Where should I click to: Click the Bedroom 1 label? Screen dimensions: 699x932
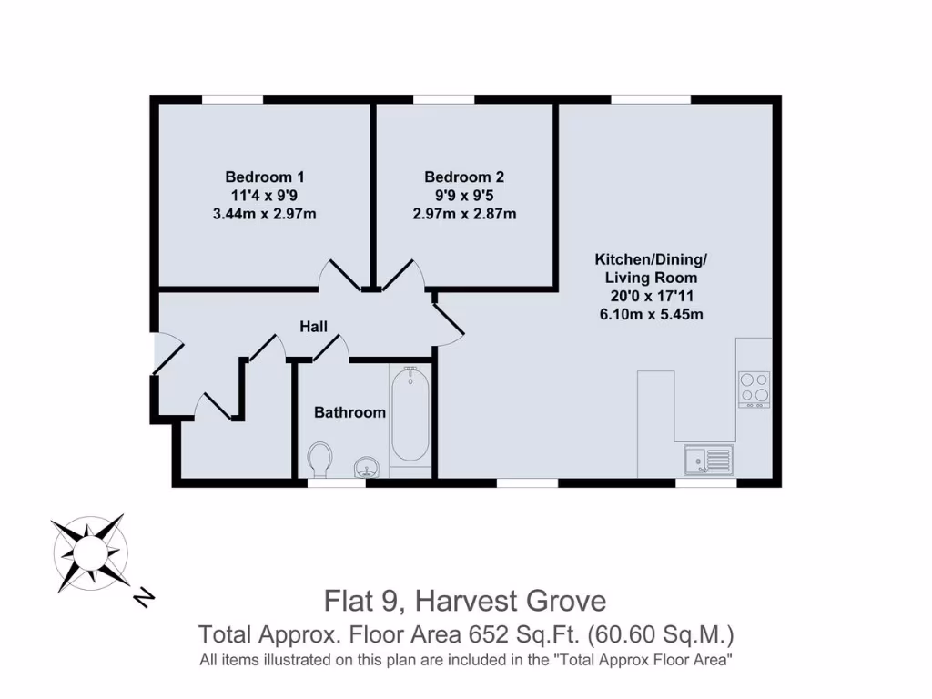coord(265,177)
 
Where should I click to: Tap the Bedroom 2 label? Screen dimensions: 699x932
coord(463,177)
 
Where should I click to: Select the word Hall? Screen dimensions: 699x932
coord(314,327)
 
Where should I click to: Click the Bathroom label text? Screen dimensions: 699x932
coord(349,412)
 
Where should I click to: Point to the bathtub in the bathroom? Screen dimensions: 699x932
coord(410,416)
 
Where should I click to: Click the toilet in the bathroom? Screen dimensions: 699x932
coord(319,459)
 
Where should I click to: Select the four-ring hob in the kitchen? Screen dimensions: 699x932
coord(754,389)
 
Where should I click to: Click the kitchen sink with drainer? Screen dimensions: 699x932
coord(707,461)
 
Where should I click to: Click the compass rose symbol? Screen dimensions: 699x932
coord(89,551)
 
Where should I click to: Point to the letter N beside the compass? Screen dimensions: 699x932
coord(143,597)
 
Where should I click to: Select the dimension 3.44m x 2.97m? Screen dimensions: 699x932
coord(265,215)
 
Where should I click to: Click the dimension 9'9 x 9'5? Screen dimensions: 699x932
coord(463,196)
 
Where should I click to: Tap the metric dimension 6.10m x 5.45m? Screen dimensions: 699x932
coord(651,315)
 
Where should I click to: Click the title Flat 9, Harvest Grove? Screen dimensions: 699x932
coord(465,601)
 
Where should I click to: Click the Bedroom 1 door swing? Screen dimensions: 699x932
coord(339,275)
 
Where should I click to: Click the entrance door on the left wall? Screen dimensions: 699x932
coord(167,354)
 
